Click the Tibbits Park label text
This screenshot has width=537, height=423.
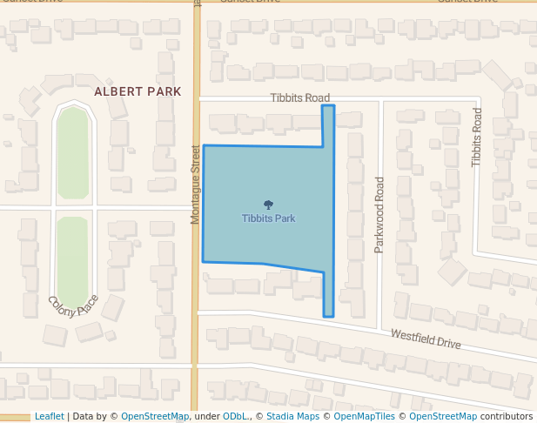click(x=268, y=218)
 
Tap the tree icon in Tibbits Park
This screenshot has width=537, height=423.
click(x=268, y=205)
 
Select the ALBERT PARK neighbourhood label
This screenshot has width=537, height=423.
click(x=138, y=91)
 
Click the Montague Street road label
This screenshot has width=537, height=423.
click(x=196, y=185)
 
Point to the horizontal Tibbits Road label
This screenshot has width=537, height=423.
click(x=299, y=98)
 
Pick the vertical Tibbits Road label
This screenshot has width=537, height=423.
click(x=476, y=138)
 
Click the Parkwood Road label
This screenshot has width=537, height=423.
click(x=379, y=215)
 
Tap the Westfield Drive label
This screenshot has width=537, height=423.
click(x=425, y=339)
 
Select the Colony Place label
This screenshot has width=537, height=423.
click(x=73, y=306)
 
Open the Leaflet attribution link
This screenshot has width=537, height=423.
click(x=49, y=416)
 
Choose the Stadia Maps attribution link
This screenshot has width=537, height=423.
click(x=292, y=416)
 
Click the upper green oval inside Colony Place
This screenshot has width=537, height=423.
click(x=72, y=153)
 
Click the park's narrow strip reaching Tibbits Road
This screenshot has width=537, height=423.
click(x=328, y=124)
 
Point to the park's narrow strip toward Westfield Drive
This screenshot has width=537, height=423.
click(x=328, y=296)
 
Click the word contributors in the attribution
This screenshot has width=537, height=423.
click(x=506, y=416)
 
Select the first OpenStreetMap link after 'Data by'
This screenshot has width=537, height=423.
click(x=154, y=416)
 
